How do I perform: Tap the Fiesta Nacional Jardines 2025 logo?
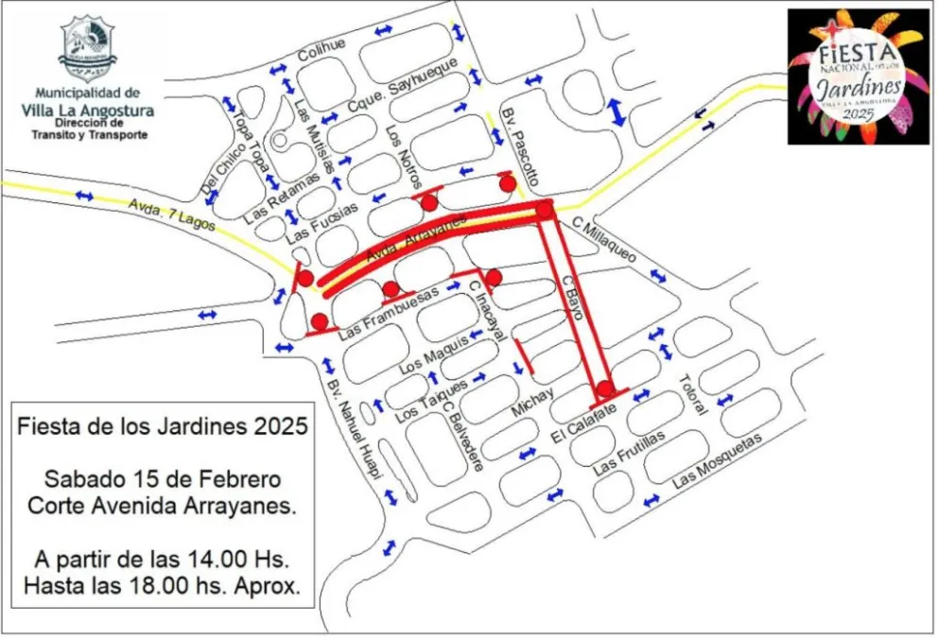click(x=859, y=77)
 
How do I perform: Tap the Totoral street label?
click(x=692, y=395)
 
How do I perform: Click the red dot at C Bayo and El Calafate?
click(x=605, y=386)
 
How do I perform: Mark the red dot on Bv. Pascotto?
click(x=508, y=182)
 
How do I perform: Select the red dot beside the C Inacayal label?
click(x=493, y=277)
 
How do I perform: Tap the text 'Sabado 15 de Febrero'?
click(x=163, y=474)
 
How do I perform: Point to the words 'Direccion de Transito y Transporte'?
click(x=100, y=129)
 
